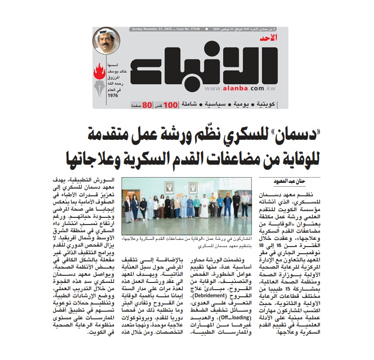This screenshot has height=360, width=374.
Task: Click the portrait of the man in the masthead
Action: (x=106, y=41)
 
